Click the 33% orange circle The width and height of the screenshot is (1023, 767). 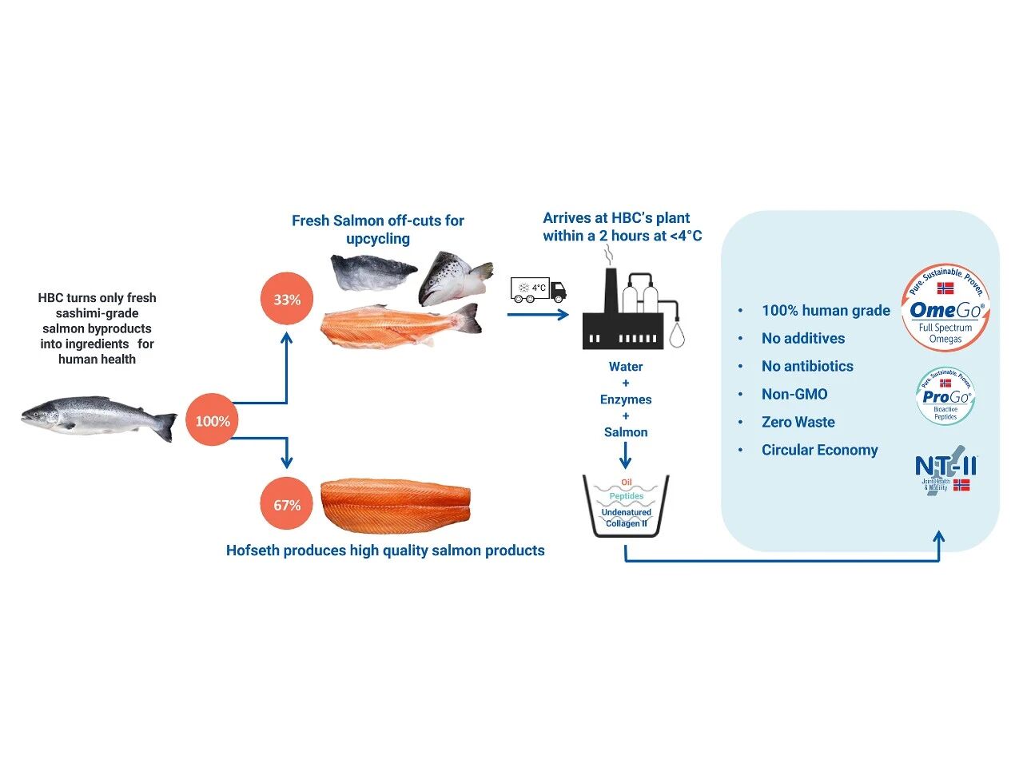pos(287,300)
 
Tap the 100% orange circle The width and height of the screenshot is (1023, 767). pos(213,421)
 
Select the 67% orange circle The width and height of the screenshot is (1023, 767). pos(287,505)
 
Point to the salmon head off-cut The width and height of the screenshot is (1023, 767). pos(454,279)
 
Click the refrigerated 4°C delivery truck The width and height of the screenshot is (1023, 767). pos(538,289)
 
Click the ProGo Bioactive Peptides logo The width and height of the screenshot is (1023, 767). pos(945,396)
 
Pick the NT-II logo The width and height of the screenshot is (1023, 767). pos(945,472)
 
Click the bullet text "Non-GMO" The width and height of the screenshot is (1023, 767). pos(794,394)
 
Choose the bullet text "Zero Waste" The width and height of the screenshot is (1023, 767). pos(798,422)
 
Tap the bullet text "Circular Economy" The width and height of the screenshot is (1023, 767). pos(819,450)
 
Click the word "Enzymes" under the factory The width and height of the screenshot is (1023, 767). pos(626,399)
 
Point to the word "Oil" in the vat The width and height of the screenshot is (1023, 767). pos(626,483)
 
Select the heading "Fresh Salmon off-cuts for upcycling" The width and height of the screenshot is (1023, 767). pos(378,229)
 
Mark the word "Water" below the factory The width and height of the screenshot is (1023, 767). pos(626,367)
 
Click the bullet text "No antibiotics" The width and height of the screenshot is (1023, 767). pos(807,366)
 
